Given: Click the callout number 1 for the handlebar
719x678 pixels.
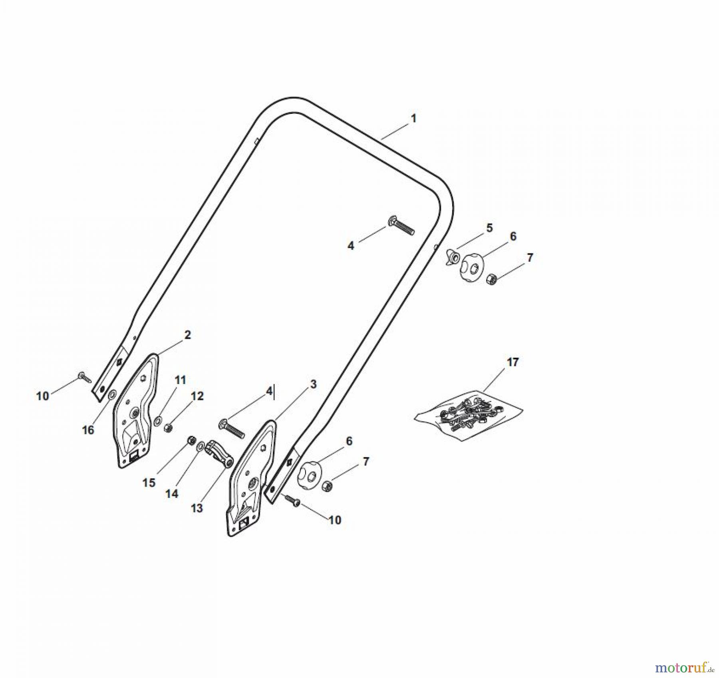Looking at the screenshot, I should pos(413,119).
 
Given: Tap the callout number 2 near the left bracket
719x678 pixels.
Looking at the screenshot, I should pos(187,335).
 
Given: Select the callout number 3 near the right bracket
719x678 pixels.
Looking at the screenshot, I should pos(313,384).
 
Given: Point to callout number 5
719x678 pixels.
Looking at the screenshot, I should pos(489,228).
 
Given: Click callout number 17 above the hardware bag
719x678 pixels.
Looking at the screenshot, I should pos(512,362).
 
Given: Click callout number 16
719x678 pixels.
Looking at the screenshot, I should pos(88,430).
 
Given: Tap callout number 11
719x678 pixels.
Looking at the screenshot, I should pos(180,380).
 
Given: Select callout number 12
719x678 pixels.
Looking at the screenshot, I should pos(197,396).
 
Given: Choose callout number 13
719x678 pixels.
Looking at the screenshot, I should pos(197,508).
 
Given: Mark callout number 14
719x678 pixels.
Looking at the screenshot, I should pos(172,494).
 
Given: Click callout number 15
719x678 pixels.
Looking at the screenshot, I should pos(149,483).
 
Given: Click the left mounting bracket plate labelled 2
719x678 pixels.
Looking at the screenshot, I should pos(135,412).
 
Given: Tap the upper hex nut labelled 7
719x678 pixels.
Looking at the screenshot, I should pos(491,278).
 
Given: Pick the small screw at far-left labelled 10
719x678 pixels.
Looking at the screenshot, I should pos(85,376).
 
